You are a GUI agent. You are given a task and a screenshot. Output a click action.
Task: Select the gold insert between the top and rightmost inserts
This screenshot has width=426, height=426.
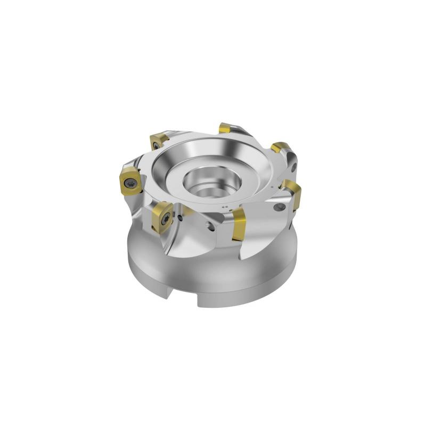coord(279,148)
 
